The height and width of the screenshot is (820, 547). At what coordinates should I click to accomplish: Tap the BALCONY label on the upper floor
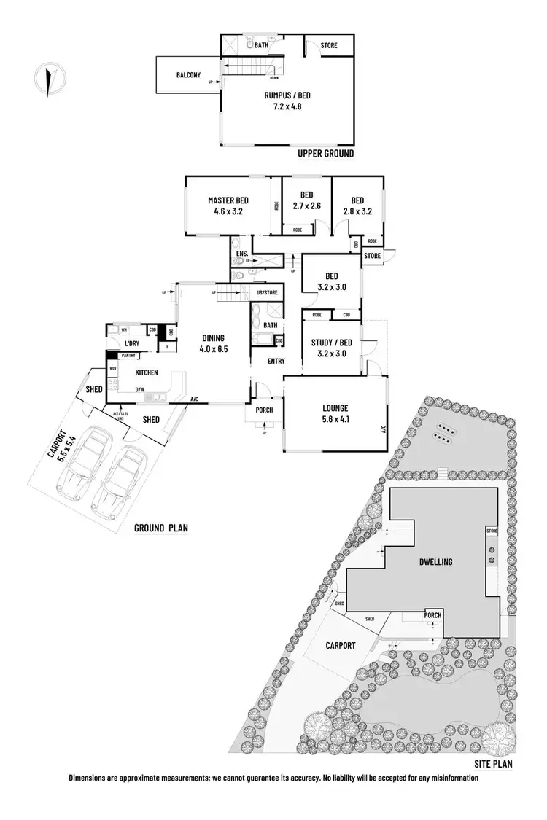pyautogui.click(x=189, y=74)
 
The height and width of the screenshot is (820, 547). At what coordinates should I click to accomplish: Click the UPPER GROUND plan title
pyautogui.click(x=325, y=153)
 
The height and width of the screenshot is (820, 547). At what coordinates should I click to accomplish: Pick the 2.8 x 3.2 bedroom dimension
pyautogui.click(x=357, y=211)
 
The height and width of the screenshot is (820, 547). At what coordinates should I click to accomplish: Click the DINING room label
pyautogui.click(x=214, y=337)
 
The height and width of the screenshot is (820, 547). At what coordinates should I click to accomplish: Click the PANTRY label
pyautogui.click(x=130, y=356)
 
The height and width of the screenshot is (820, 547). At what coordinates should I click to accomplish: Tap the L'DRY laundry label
pyautogui.click(x=131, y=343)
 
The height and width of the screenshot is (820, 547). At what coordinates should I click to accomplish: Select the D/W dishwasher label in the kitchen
pyautogui.click(x=139, y=389)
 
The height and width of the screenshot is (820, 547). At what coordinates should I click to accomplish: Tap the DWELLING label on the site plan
pyautogui.click(x=437, y=562)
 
